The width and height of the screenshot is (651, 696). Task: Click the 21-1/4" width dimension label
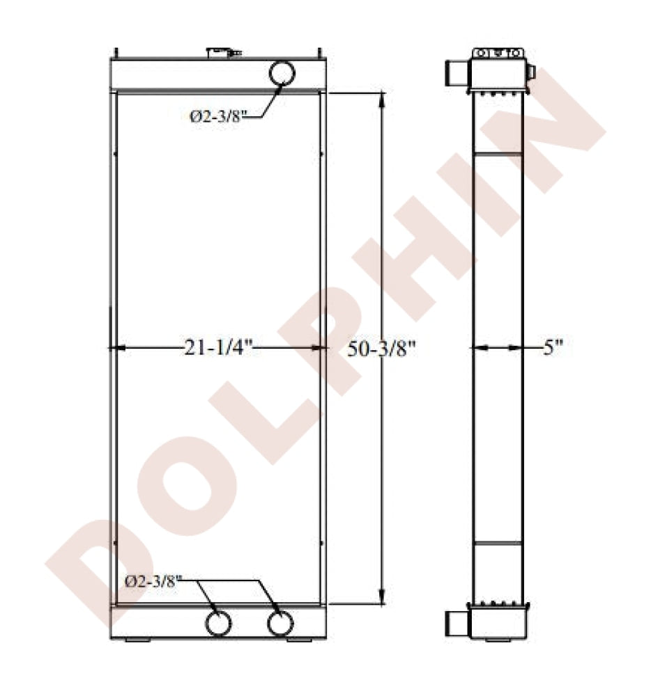[218, 347]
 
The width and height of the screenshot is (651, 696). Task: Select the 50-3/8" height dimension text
[381, 349]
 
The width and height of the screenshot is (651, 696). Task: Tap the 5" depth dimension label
[553, 347]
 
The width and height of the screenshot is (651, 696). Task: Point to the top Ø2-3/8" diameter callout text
[217, 117]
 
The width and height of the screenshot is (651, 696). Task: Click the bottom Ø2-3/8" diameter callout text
[154, 582]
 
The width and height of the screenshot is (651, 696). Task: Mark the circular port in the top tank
[282, 73]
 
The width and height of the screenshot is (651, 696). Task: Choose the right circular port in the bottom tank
[280, 623]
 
